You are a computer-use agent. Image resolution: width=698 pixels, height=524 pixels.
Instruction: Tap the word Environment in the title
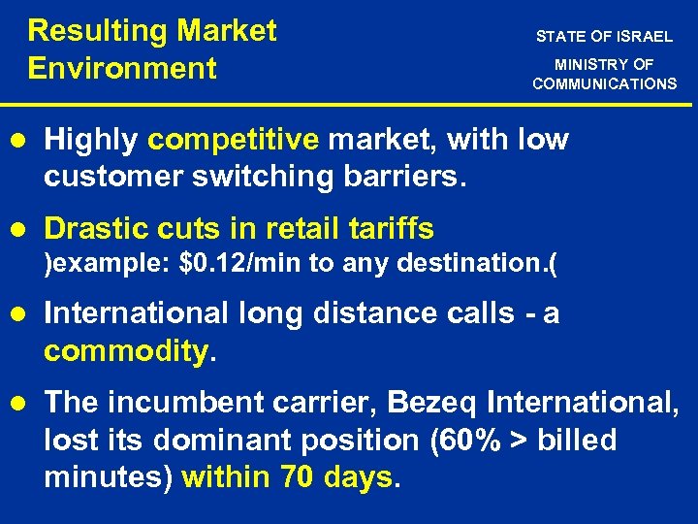pos(122,69)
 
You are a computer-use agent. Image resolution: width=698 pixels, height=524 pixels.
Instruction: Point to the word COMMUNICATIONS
pos(604,83)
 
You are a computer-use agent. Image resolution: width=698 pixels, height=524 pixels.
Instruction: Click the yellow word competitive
pos(233,140)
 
